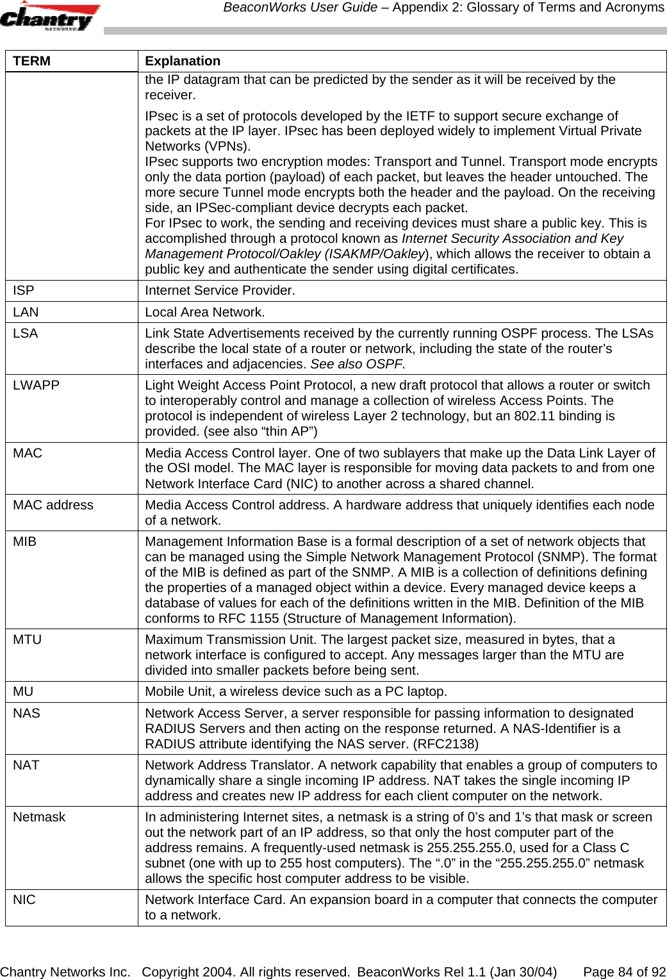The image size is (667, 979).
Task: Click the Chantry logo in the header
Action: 49,17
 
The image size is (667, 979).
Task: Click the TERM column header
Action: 32,61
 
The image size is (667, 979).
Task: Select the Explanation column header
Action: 183,61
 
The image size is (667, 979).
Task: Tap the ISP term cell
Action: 24,290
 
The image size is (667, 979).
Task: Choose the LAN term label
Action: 26,312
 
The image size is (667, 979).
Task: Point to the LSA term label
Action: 26,333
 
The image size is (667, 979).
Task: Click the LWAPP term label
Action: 37,385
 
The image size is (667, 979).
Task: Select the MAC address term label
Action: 53,505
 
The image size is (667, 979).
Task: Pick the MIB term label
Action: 25,541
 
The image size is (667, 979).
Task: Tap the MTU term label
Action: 28,639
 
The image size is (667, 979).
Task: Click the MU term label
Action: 23,691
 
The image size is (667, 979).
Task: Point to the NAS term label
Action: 27,713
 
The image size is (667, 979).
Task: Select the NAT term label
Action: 26,765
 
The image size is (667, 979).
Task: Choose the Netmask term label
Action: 39,817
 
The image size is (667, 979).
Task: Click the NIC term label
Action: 24,900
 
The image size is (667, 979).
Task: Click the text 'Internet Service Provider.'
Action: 220,290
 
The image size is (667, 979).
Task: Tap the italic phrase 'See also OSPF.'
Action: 358,364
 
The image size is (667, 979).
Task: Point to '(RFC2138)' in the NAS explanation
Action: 445,744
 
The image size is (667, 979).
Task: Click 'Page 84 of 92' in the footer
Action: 624,972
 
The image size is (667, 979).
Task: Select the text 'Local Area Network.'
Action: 204,312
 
